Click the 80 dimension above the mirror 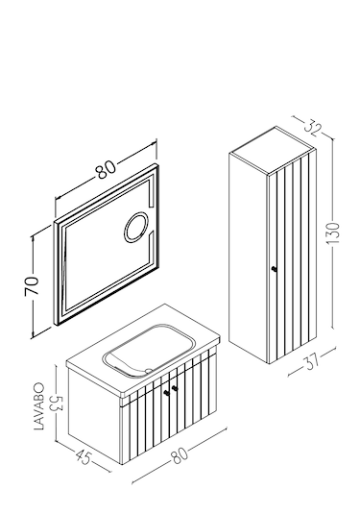pyautogui.click(x=106, y=169)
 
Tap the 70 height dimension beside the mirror pyautogui.click(x=32, y=285)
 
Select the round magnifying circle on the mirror pyautogui.click(x=136, y=228)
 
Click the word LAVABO pyautogui.click(x=38, y=406)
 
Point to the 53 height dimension pyautogui.click(x=56, y=404)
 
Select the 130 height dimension pyautogui.click(x=333, y=233)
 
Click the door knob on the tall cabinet pyautogui.click(x=275, y=269)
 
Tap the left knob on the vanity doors pyautogui.click(x=167, y=393)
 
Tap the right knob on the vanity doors pyautogui.click(x=175, y=388)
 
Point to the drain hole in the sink pyautogui.click(x=150, y=371)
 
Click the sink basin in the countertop pyautogui.click(x=150, y=349)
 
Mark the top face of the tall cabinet pyautogui.click(x=273, y=150)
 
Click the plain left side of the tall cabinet pyautogui.click(x=249, y=259)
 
